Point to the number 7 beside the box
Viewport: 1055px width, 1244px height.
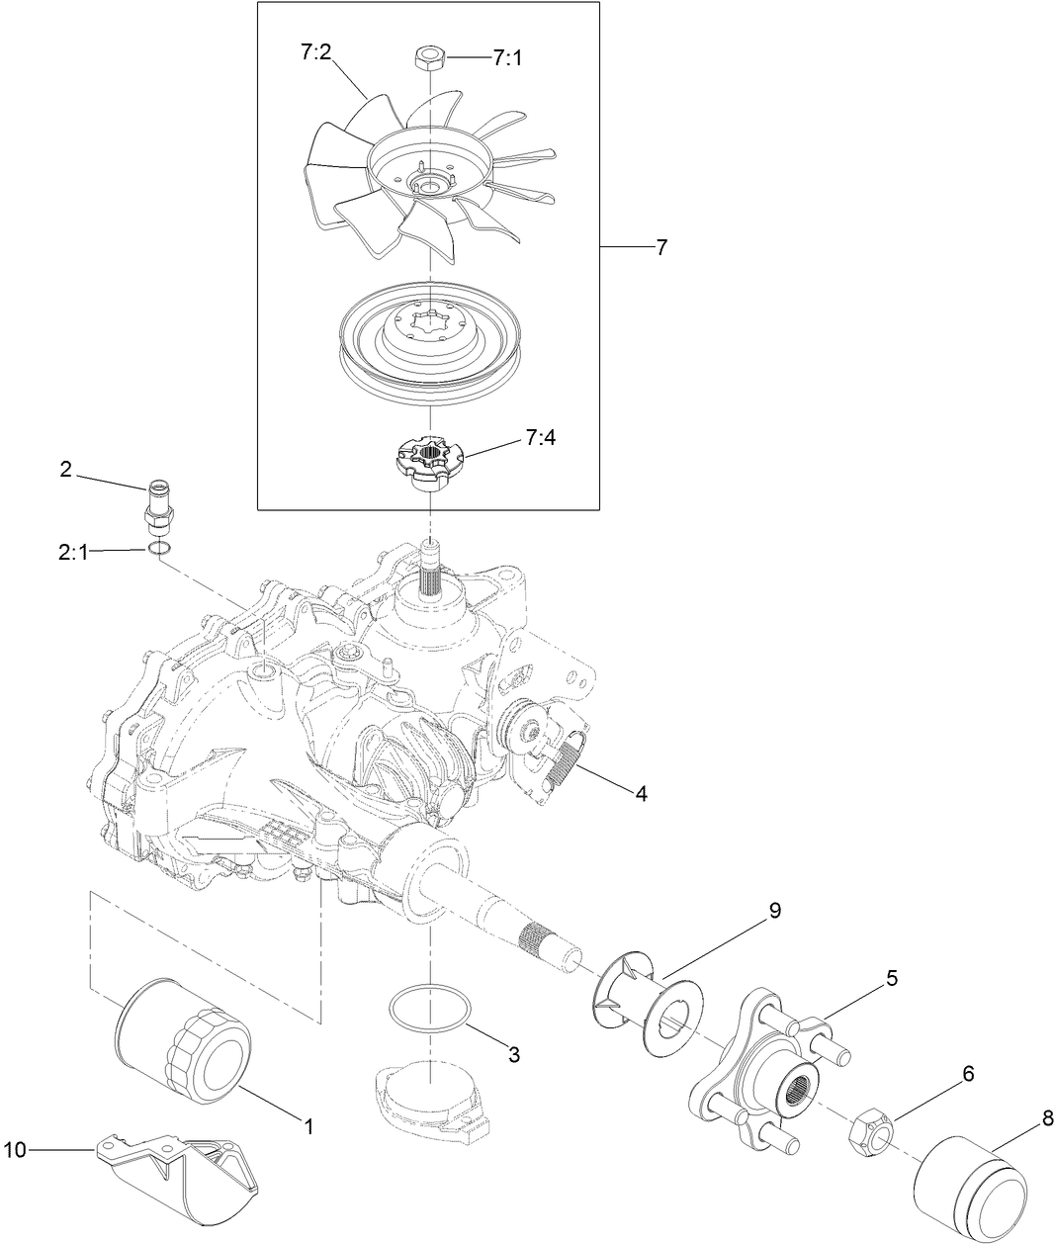click(661, 247)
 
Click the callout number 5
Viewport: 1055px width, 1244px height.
click(891, 978)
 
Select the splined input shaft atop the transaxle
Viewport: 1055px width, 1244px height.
click(430, 569)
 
